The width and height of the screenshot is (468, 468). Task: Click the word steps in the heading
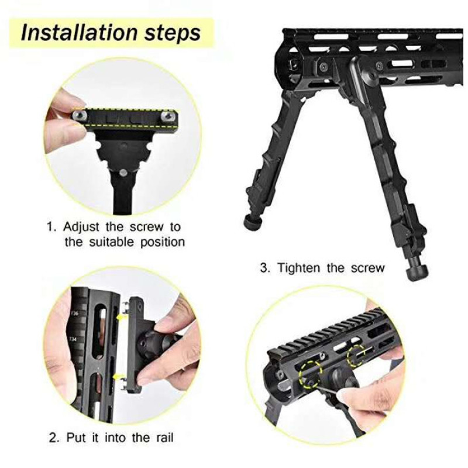click(173, 34)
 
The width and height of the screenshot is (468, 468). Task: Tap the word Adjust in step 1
click(81, 227)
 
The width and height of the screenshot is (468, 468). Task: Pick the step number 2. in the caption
click(54, 438)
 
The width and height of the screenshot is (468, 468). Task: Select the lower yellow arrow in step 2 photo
click(119, 376)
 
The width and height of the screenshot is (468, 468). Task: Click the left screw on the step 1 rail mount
click(80, 115)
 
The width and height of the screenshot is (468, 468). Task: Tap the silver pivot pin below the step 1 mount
click(122, 173)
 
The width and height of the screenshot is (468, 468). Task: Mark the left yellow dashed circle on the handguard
click(311, 374)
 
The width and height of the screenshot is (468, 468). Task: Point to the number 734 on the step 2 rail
click(73, 339)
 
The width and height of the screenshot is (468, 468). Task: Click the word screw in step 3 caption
click(368, 268)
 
